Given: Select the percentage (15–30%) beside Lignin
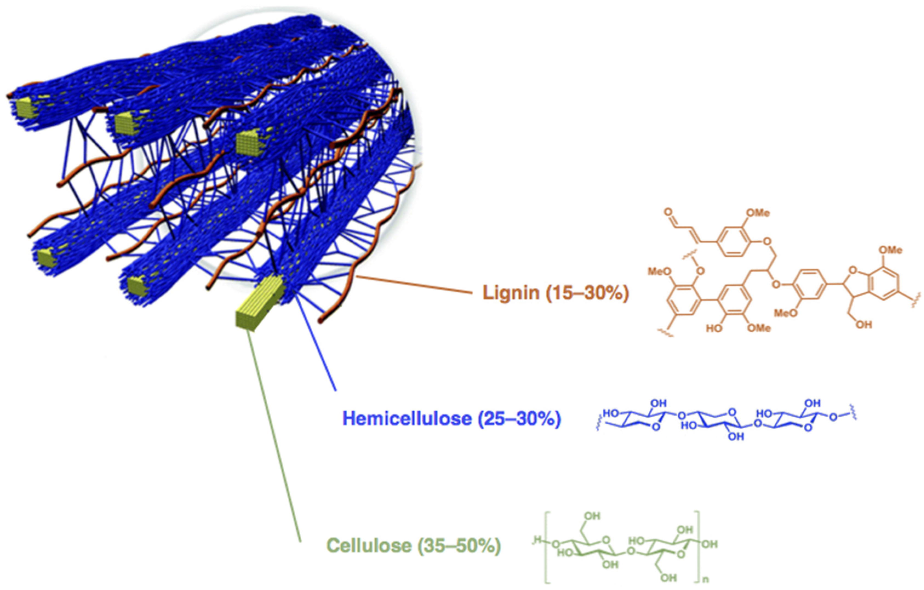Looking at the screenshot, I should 587,293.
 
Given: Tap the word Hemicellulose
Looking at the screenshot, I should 407,418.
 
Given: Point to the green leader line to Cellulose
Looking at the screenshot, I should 274,433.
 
